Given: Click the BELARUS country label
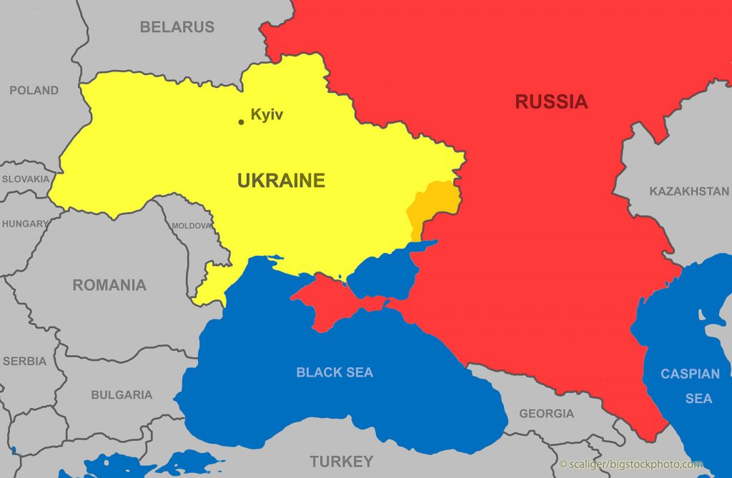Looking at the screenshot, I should point(177,27).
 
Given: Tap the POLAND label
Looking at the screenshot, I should point(34,91).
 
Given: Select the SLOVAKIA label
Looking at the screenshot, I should point(26,179).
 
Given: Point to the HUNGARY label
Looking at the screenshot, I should point(24,224).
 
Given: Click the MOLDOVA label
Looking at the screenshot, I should point(192,226).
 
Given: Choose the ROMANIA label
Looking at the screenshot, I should point(109,285).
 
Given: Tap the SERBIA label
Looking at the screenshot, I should point(24,362).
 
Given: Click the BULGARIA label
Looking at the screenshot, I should point(122,394).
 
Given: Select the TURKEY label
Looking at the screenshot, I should point(341,461).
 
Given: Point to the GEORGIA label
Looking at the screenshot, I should point(546,413).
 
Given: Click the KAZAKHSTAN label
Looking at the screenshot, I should point(689,191).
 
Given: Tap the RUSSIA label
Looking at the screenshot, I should point(551,102).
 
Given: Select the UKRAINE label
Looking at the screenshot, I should point(281,181).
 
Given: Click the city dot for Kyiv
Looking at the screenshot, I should point(241,122).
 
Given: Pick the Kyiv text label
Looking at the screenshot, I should point(267,114).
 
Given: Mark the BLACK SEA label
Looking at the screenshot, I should point(335,372).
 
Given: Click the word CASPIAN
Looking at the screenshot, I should point(690,374).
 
